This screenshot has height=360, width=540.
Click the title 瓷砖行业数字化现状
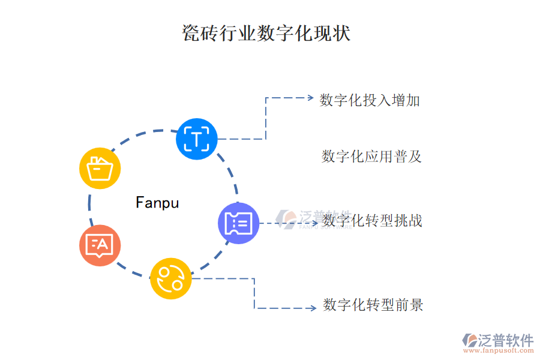pyautogui.click(x=266, y=33)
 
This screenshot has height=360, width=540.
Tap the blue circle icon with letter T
pyautogui.click(x=196, y=139)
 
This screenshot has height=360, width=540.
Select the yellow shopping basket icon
pyautogui.click(x=100, y=168)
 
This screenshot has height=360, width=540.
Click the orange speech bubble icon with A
pyautogui.click(x=100, y=245)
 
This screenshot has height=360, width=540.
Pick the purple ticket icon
pyautogui.click(x=238, y=223)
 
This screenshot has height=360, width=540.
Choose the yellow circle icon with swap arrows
pyautogui.click(x=170, y=278)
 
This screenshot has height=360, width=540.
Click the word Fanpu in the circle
pyautogui.click(x=157, y=203)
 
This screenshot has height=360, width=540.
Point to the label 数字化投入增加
pyautogui.click(x=370, y=100)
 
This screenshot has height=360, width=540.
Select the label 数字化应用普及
pyautogui.click(x=372, y=157)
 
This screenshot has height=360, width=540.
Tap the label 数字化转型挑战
pyautogui.click(x=373, y=221)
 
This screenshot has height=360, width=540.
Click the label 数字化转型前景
pyautogui.click(x=373, y=305)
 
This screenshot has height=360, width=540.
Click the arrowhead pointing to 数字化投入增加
pyautogui.click(x=310, y=97)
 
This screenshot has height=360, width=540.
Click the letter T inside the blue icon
pyautogui.click(x=196, y=139)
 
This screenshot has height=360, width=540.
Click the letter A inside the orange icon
pyautogui.click(x=103, y=244)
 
